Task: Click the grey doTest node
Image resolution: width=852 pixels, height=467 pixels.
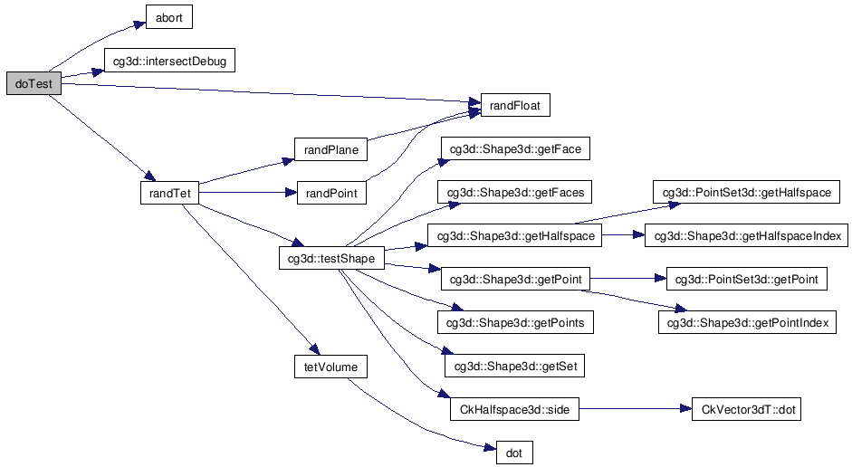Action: coord(34,84)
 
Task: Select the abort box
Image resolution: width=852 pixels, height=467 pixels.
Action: coord(169,17)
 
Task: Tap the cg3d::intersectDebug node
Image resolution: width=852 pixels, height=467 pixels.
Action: coord(169,62)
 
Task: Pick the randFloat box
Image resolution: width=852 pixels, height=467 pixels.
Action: coord(515,106)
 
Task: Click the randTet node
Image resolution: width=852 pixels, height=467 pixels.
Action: coord(169,193)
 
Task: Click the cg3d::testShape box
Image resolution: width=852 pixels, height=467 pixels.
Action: coord(331,259)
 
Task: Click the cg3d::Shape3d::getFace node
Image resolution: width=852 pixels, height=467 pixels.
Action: coord(515,149)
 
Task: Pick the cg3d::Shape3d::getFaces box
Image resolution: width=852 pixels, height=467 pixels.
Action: coord(515,193)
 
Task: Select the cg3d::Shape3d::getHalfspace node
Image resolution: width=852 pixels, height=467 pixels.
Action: coord(515,236)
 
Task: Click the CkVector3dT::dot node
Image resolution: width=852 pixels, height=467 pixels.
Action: coord(746,409)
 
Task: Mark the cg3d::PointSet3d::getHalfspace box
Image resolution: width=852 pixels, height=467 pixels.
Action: coord(746,193)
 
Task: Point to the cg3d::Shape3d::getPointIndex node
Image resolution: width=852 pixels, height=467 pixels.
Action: coord(746,322)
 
